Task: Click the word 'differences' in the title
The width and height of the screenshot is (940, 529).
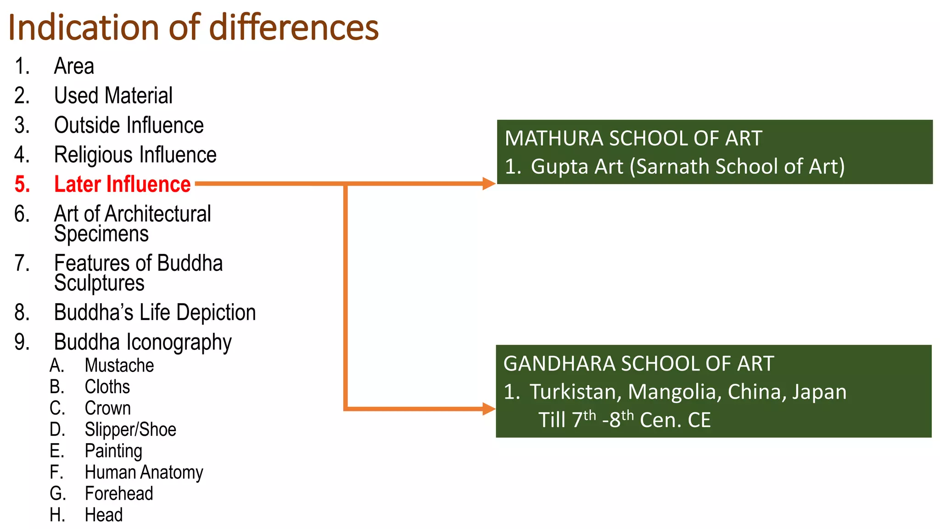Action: [294, 28]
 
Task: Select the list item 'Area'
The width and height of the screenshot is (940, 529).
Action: [74, 66]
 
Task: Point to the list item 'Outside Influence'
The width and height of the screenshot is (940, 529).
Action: [129, 125]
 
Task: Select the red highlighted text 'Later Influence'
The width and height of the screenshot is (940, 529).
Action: [122, 184]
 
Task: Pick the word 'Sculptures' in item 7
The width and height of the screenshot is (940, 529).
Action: [99, 283]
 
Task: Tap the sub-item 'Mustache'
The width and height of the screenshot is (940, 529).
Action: [119, 366]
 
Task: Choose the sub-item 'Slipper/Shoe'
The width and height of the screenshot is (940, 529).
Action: [130, 430]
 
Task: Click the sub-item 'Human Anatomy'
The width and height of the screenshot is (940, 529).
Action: [144, 473]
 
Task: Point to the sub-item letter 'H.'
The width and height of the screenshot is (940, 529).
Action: [57, 515]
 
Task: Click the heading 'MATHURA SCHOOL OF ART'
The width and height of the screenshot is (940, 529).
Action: [633, 139]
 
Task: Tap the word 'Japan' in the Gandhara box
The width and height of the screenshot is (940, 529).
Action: [819, 392]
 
